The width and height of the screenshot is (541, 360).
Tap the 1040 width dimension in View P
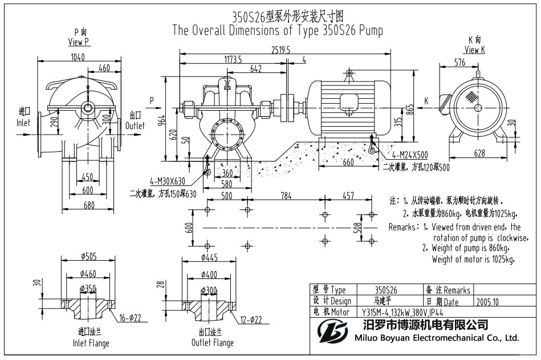pos(78,56)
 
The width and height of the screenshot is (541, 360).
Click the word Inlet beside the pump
pos(23,123)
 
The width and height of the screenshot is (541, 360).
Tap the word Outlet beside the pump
pos(136,126)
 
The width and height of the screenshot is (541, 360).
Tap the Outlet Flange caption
pos(213,343)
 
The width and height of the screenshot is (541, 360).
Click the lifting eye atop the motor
pos(348,74)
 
